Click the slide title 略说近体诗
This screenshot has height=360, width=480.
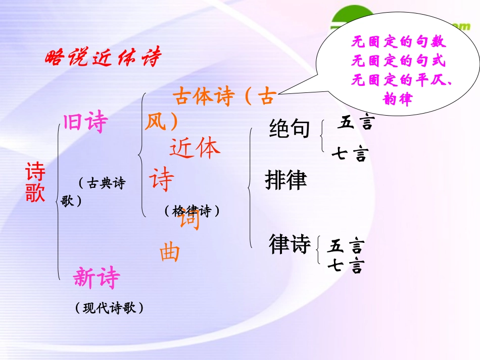point(103,59)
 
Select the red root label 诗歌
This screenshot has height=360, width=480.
point(35,182)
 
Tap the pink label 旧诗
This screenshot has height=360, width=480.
point(86,122)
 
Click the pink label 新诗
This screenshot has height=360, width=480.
point(97,278)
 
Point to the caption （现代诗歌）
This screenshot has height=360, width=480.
point(109,307)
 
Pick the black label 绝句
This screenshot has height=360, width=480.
point(290,129)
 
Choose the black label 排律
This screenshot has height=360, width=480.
point(286,180)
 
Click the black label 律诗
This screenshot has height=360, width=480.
point(290,245)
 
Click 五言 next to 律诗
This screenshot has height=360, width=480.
point(346,246)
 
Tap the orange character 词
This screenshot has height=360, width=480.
point(190,221)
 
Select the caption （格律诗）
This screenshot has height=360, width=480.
point(193,211)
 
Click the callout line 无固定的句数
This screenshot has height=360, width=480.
point(399,42)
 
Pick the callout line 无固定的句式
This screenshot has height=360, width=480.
point(399,61)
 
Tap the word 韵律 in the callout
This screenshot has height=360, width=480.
point(399,98)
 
